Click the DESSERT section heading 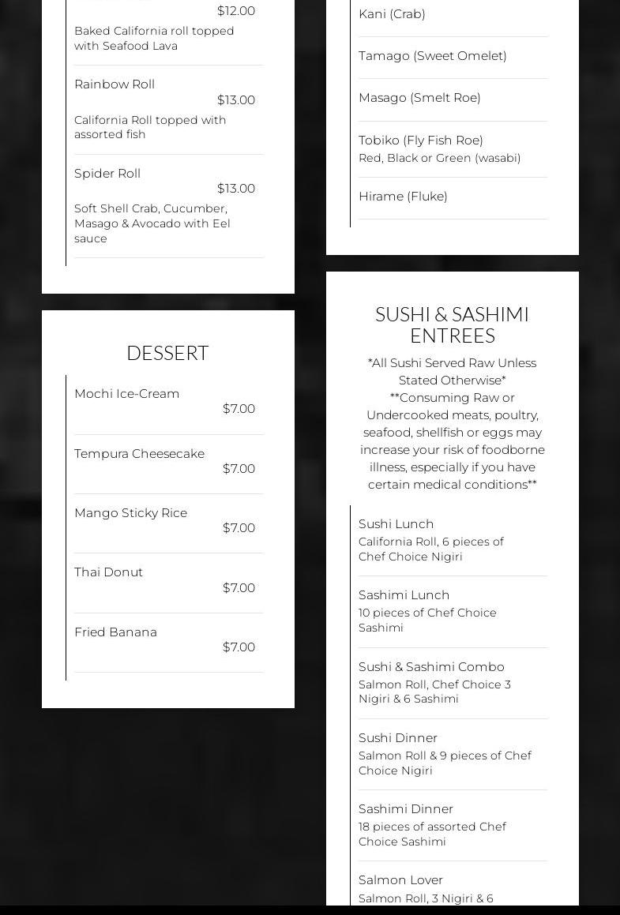[x=167, y=353]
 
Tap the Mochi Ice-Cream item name [x=126, y=393]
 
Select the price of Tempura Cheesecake [x=239, y=468]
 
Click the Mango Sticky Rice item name [x=130, y=512]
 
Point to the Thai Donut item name [x=108, y=572]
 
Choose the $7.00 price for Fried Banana [x=239, y=647]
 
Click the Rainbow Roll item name [x=115, y=84]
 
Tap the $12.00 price [x=236, y=11]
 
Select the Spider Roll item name [x=107, y=173]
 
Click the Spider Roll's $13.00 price [x=236, y=188]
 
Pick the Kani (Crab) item [x=392, y=13]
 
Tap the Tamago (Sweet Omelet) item [x=433, y=55]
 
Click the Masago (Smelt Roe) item [x=419, y=97]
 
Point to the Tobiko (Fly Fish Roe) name [x=421, y=140]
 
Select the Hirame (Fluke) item [x=403, y=196]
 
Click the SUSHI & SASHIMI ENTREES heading [x=452, y=324]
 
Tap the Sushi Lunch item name [x=396, y=523]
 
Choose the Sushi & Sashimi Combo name [x=431, y=666]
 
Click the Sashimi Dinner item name [x=406, y=808]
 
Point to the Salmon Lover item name [x=400, y=879]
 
